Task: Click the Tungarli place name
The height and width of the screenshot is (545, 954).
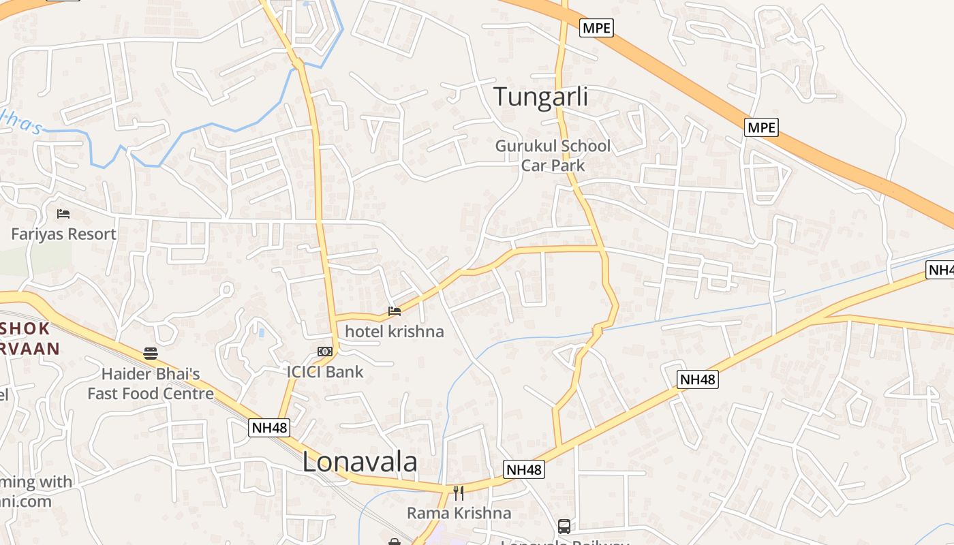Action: tap(540, 97)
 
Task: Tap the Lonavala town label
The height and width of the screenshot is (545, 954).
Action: tap(359, 462)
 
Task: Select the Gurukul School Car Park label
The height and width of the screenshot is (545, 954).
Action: tap(553, 155)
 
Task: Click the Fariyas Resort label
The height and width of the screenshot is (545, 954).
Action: tap(63, 234)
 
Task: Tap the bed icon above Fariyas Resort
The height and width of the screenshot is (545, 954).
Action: tap(63, 214)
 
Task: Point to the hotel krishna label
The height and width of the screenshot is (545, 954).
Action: tap(394, 332)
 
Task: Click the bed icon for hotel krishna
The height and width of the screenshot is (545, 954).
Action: tap(395, 312)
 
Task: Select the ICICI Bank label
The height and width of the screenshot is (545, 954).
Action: tap(325, 372)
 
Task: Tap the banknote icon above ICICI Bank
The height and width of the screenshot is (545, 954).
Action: tap(325, 352)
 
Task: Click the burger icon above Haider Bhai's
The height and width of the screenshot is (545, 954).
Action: tap(151, 354)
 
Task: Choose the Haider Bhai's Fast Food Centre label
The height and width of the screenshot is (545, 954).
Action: tap(151, 384)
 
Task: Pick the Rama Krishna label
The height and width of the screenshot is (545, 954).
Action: tap(459, 513)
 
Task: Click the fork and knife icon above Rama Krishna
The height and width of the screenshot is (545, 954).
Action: tap(459, 493)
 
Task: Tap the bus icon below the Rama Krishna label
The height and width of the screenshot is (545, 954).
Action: tap(564, 526)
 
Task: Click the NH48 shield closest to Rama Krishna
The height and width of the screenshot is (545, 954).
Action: tap(524, 469)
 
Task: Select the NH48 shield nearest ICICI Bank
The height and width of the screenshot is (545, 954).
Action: tap(269, 428)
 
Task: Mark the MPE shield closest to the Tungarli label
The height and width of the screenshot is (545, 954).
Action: tap(596, 28)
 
